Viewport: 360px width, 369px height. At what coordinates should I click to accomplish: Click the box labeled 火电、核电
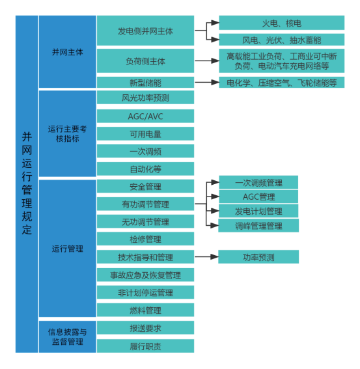(x=282, y=23)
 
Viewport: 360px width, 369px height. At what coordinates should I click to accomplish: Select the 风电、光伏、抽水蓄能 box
(x=282, y=40)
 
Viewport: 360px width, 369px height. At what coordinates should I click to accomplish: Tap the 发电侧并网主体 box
(x=146, y=31)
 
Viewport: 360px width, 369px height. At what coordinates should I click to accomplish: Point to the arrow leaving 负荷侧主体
(x=207, y=61)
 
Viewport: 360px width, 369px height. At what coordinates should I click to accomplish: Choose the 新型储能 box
(x=146, y=83)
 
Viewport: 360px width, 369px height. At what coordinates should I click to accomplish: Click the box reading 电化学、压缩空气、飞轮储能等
(x=282, y=83)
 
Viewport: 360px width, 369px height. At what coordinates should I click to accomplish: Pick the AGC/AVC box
(x=146, y=116)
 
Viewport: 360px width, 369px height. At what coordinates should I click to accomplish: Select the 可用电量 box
(x=146, y=133)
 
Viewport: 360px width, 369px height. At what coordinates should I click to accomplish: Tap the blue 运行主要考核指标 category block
(x=68, y=133)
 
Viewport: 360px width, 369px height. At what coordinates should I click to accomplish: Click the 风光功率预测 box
(x=146, y=97)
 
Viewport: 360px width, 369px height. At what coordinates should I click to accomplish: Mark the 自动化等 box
(x=146, y=169)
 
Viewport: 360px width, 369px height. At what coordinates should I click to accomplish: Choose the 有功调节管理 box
(x=146, y=204)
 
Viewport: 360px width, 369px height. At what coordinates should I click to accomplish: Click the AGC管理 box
(x=258, y=197)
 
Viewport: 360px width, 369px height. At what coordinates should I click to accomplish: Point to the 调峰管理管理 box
(x=258, y=225)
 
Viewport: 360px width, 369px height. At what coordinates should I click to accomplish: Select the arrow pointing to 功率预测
(x=207, y=257)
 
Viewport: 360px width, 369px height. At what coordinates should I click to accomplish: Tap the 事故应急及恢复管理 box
(x=146, y=275)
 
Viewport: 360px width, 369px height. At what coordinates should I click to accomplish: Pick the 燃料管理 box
(x=146, y=310)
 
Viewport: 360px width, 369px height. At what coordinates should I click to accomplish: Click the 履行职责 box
(x=146, y=346)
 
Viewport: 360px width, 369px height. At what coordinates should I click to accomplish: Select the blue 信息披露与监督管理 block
(x=68, y=336)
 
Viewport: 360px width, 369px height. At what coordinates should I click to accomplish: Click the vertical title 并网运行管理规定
(x=27, y=184)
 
